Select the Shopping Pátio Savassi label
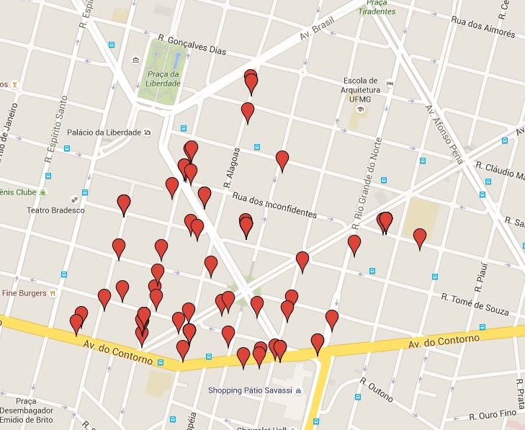tap(250, 390)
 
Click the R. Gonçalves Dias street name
tap(192, 45)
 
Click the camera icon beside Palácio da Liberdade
tap(148, 133)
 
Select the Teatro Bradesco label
tap(55, 210)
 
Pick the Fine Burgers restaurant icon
tap(53, 294)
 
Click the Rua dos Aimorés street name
tap(483, 27)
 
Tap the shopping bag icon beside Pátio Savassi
tap(298, 390)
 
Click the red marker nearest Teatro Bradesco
tap(124, 205)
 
